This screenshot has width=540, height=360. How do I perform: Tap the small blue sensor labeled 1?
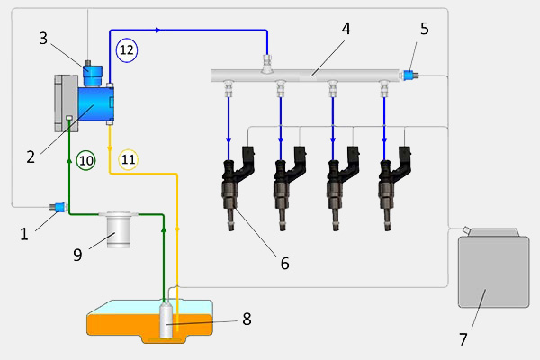58,211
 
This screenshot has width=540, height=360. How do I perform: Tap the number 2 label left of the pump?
31,156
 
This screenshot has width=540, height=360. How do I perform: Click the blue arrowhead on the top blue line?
158,30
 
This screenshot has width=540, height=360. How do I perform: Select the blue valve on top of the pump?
90,69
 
